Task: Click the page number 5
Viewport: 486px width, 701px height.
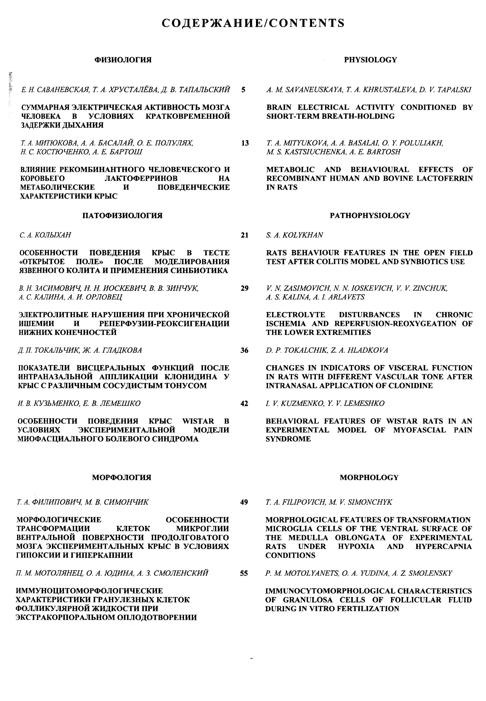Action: coord(243,90)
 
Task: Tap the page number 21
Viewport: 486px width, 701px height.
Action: coord(244,235)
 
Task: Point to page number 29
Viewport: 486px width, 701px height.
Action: coord(244,288)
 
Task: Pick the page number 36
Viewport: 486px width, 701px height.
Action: coord(244,350)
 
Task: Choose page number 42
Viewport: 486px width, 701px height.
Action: coord(244,404)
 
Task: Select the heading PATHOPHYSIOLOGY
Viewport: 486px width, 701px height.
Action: coord(370,216)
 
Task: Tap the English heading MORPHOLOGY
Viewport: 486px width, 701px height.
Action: coord(369,477)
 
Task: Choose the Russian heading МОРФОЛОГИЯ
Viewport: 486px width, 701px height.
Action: coord(121,477)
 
